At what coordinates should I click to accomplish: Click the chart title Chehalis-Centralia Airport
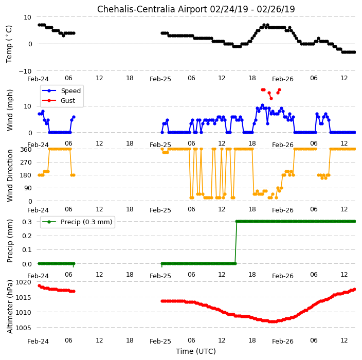tap(152, 9)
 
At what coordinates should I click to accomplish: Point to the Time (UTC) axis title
tap(196, 351)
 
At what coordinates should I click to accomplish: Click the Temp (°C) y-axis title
tap(9, 44)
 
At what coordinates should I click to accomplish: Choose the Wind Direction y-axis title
tap(10, 175)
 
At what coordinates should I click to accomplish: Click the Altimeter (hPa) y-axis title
tap(10, 307)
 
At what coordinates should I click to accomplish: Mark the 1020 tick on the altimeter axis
tap(23, 282)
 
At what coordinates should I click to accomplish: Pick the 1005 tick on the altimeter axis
tap(23, 328)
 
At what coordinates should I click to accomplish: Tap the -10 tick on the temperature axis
tap(25, 71)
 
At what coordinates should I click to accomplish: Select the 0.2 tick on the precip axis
tap(27, 236)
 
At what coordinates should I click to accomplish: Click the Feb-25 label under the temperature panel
tap(160, 79)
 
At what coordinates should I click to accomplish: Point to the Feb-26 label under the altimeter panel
tap(283, 341)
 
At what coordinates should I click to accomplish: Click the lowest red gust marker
tap(271, 99)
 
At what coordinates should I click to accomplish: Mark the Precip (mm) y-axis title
tap(10, 241)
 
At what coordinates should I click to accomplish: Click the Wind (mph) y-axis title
tap(10, 111)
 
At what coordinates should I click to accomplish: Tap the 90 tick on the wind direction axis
tap(28, 188)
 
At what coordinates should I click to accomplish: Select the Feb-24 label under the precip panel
tap(38, 276)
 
